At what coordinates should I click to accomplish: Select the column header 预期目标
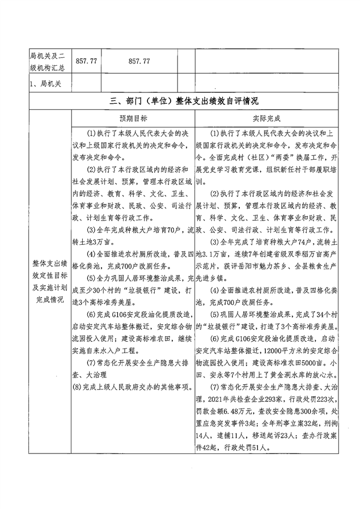click(133, 120)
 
